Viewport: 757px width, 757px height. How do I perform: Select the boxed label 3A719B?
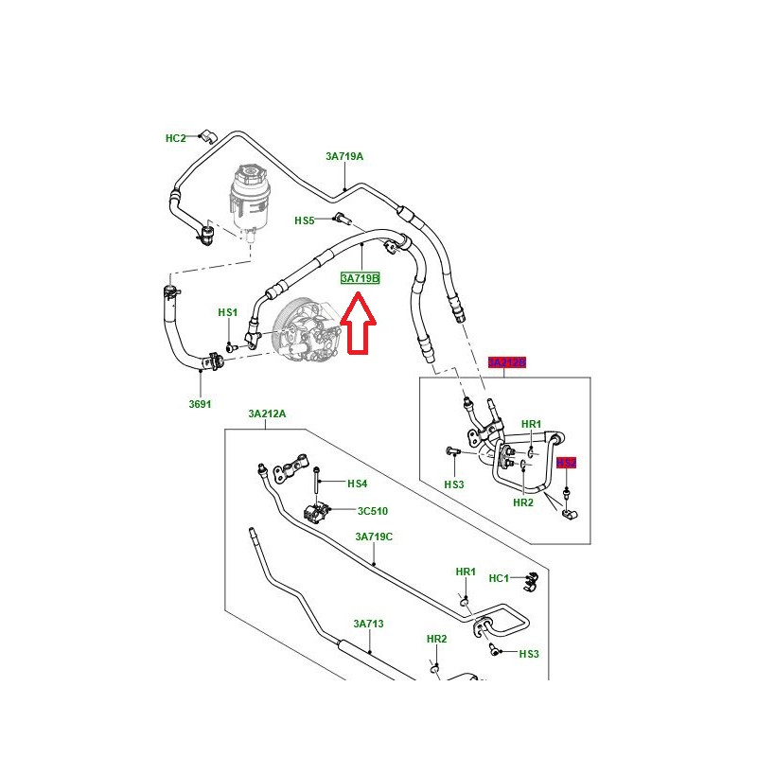[x=360, y=279]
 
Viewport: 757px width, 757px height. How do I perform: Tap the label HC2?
[x=176, y=138]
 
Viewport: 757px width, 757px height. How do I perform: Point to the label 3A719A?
[x=344, y=157]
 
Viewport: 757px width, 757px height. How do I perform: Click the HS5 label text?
[x=304, y=220]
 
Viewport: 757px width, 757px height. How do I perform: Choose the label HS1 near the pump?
[x=228, y=312]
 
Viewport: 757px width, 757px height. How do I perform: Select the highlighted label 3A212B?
[x=506, y=362]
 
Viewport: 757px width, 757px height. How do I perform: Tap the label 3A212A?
[x=267, y=414]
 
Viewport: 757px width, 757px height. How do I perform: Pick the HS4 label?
[x=357, y=484]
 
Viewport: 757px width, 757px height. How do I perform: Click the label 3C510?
[x=373, y=511]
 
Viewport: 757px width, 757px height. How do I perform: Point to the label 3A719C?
[x=374, y=537]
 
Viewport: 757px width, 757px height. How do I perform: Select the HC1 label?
[x=499, y=578]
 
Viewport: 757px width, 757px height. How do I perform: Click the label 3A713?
[x=368, y=624]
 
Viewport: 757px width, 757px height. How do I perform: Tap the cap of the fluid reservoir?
[x=247, y=176]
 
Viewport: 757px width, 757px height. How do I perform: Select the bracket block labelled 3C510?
[x=320, y=514]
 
